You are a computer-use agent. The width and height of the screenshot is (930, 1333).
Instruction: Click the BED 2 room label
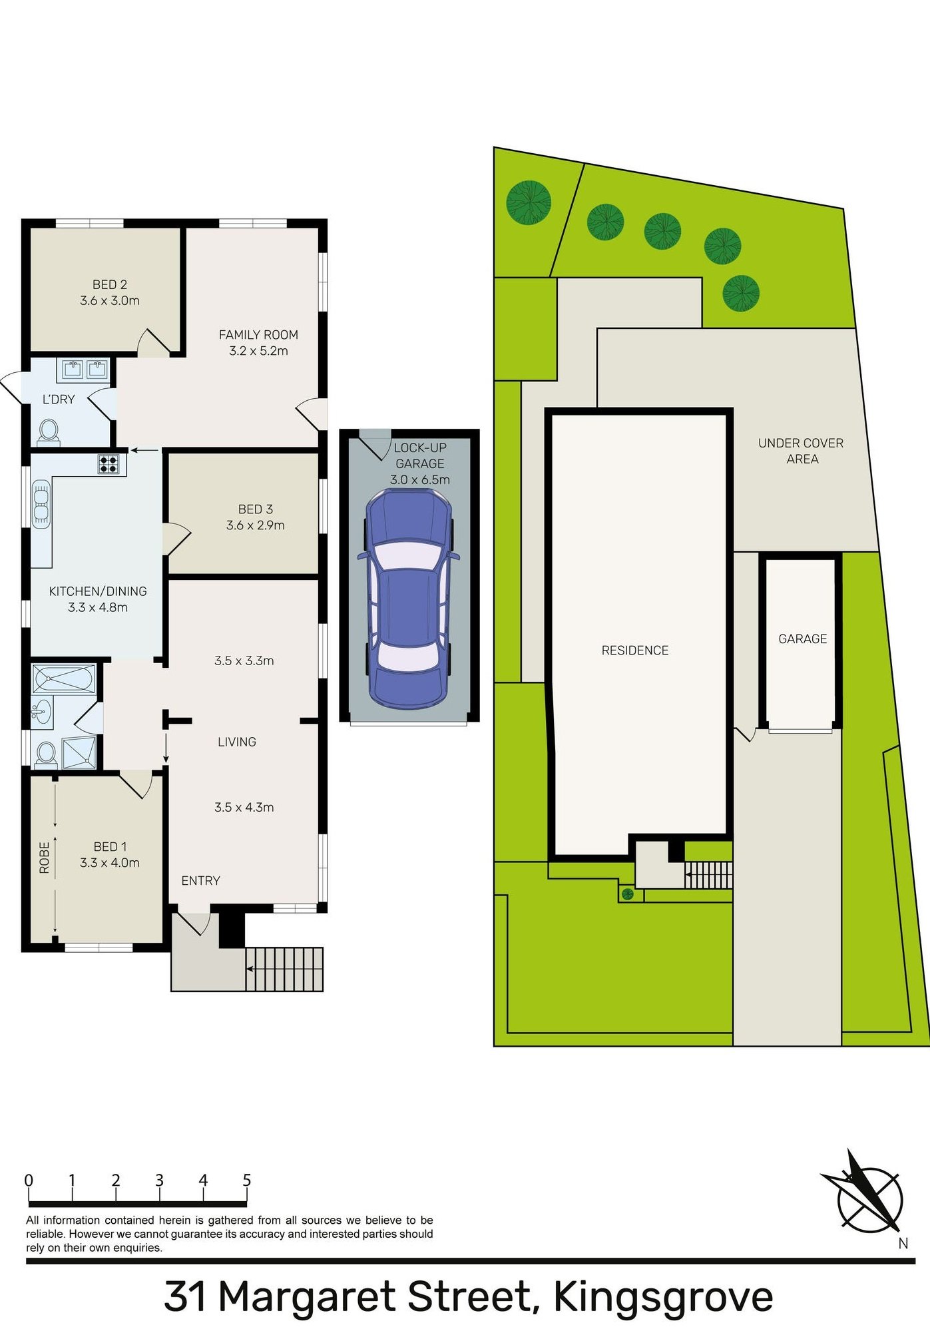click(110, 284)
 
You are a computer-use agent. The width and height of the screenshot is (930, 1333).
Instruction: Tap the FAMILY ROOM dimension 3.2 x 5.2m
click(258, 351)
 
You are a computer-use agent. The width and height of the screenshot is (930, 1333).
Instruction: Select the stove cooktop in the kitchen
click(109, 463)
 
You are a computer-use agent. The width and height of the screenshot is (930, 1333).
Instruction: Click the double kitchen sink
click(41, 503)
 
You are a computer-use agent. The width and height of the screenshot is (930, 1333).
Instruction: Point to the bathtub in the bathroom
click(64, 679)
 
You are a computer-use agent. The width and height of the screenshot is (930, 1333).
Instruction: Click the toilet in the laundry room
click(49, 431)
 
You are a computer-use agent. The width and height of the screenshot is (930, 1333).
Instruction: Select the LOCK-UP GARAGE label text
click(419, 455)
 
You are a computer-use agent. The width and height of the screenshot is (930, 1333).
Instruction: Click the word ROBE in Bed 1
click(45, 857)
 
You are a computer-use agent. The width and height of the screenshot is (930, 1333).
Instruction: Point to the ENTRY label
click(200, 880)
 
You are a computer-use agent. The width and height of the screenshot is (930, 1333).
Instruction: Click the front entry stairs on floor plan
click(284, 969)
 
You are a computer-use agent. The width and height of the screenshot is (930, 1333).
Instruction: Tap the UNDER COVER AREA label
click(801, 451)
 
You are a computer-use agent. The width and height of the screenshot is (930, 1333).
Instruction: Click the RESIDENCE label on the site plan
click(634, 651)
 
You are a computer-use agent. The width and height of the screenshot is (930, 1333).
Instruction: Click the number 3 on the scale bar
click(159, 1181)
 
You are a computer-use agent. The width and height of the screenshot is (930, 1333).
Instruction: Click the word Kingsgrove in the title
click(663, 1296)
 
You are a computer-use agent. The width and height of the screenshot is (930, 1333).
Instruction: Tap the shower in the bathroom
click(79, 752)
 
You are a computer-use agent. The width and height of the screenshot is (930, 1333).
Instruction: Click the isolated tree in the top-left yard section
click(529, 202)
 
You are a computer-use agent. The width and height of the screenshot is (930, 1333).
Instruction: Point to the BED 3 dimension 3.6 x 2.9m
click(255, 525)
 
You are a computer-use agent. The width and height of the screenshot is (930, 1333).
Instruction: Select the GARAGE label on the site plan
click(802, 639)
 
